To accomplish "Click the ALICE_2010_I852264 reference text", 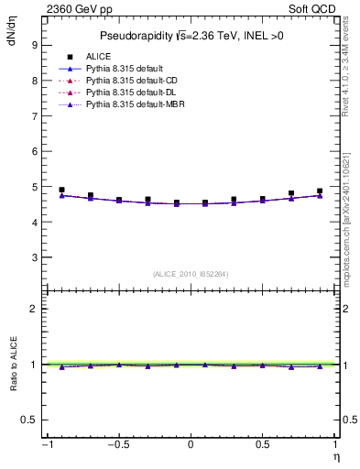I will click(190, 274).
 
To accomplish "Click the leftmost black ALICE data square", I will click(61, 190).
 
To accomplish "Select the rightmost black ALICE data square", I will click(320, 191).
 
